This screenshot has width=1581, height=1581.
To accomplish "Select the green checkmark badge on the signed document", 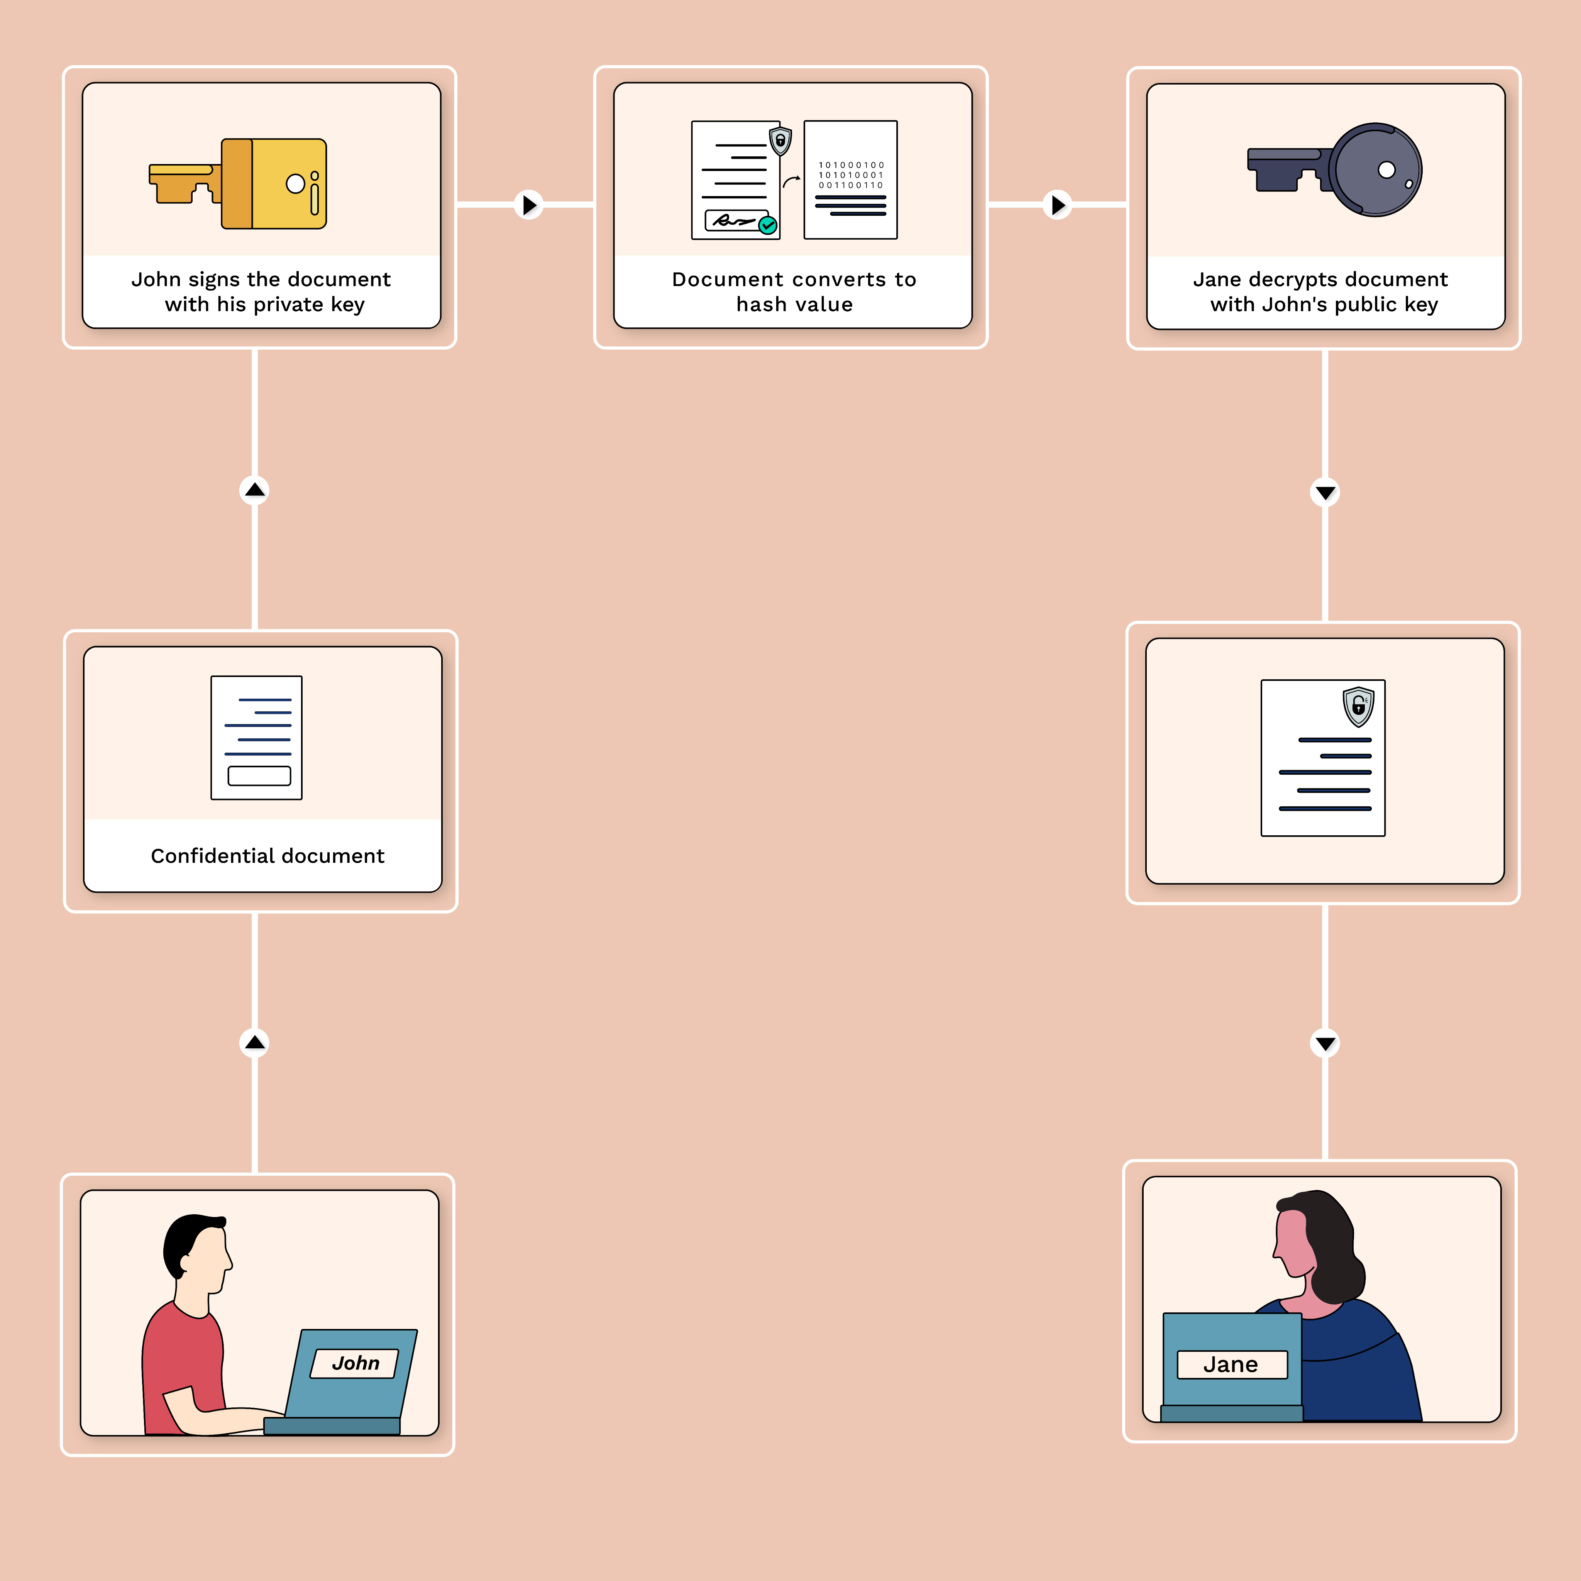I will [768, 225].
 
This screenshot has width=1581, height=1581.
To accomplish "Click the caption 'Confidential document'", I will [267, 856].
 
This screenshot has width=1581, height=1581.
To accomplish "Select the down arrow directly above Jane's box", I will [1325, 1043].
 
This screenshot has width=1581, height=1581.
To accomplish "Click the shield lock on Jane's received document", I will [1358, 706].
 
